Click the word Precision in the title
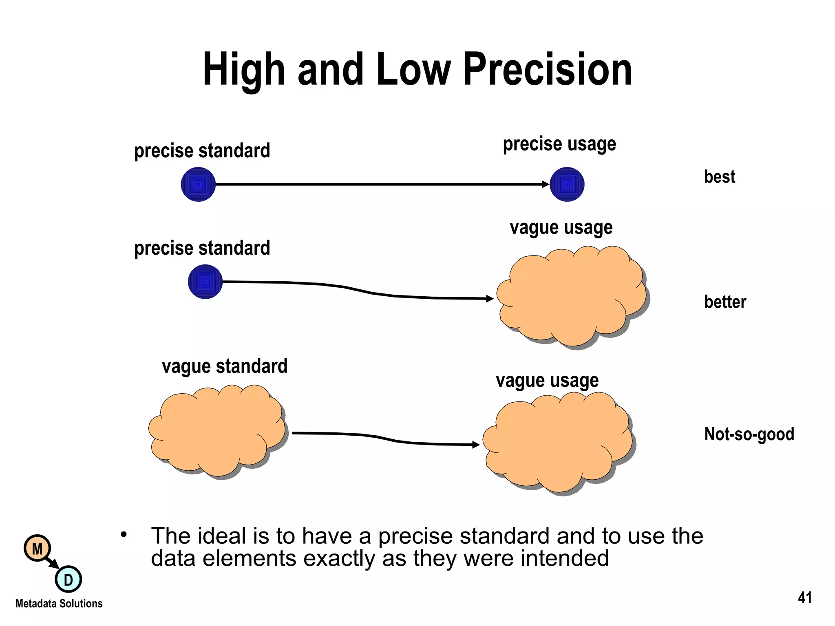point(547,70)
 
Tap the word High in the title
point(243,70)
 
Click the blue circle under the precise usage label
point(567,184)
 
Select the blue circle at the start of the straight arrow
point(198,185)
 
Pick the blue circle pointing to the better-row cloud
point(205,282)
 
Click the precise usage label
point(559,144)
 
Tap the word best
point(720,177)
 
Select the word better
point(725,302)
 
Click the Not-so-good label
point(749,434)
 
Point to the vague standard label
point(225,366)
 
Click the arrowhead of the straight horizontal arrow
point(546,184)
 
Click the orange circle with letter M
point(37,549)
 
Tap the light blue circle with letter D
point(68,579)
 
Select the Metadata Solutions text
point(59,604)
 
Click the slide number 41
point(805,598)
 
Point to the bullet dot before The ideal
point(124,534)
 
